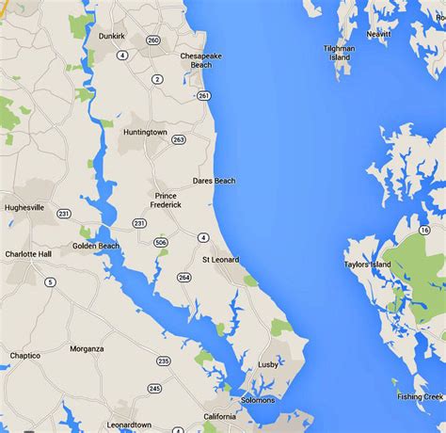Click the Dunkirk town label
pyautogui.click(x=112, y=37)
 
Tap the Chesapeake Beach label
pyautogui.click(x=202, y=60)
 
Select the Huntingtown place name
pyautogui.click(x=145, y=132)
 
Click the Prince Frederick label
pyautogui.click(x=165, y=200)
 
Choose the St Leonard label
pyautogui.click(x=220, y=259)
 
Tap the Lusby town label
pyautogui.click(x=268, y=364)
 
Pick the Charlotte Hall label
pyautogui.click(x=27, y=254)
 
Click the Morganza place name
pyautogui.click(x=86, y=348)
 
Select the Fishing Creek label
pyautogui.click(x=420, y=396)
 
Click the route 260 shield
pyautogui.click(x=154, y=40)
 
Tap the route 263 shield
pyautogui.click(x=178, y=139)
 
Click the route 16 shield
pyautogui.click(x=425, y=229)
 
